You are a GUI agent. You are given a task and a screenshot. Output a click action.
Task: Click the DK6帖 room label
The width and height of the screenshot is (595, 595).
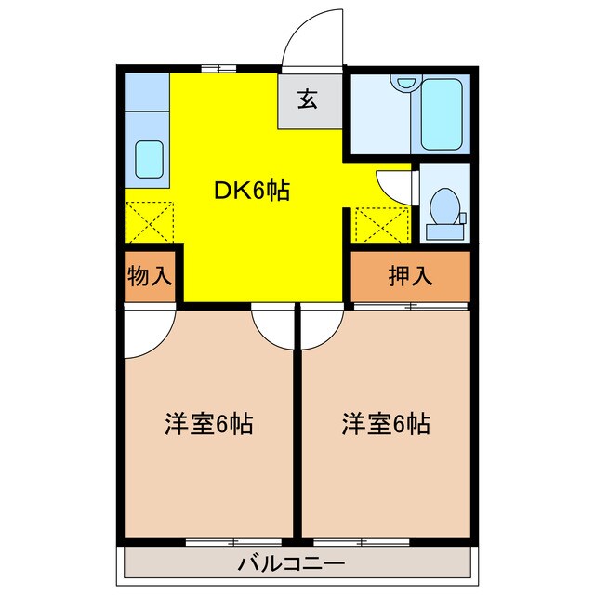click(252, 192)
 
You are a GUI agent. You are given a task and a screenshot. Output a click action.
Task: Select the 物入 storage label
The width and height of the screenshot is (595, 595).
click(150, 277)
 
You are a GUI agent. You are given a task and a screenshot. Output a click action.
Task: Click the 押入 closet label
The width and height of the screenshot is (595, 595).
click(409, 277)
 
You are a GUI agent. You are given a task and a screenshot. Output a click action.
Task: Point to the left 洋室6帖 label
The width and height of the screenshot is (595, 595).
click(210, 425)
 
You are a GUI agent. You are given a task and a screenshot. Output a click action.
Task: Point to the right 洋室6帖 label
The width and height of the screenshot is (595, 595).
click(385, 425)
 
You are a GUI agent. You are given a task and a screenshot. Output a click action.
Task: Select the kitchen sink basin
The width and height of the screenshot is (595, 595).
click(149, 159)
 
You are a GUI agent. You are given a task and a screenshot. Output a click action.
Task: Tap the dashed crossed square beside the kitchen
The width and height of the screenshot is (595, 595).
click(149, 220)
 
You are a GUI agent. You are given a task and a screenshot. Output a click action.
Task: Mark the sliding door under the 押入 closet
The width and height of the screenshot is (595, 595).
click(409, 304)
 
